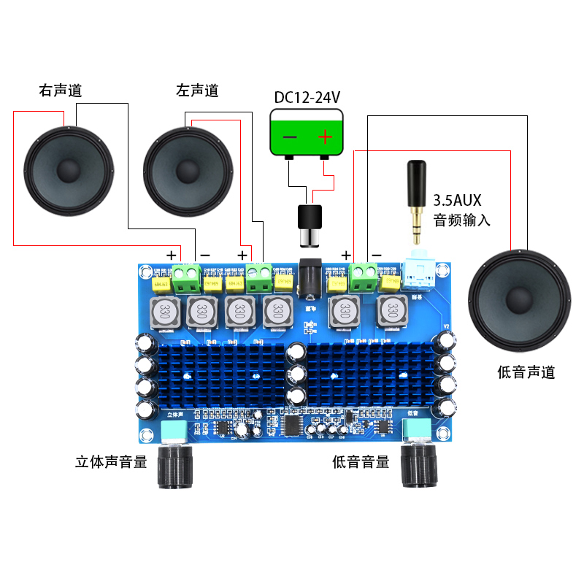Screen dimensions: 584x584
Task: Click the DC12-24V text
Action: tap(307, 98)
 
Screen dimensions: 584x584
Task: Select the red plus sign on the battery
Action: tap(324, 136)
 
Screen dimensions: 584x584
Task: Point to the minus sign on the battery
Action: tap(290, 137)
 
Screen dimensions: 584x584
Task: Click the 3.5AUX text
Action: tap(458, 199)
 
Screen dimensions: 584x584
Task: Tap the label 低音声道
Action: tap(526, 372)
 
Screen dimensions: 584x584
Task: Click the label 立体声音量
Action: tap(112, 461)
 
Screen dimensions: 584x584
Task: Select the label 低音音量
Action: tap(361, 461)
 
